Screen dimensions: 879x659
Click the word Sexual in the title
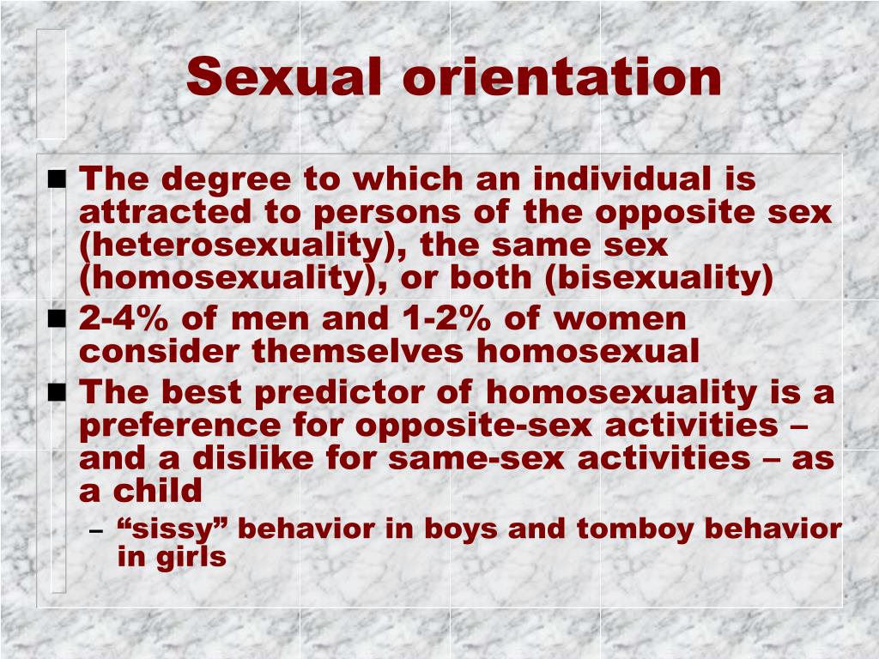pyautogui.click(x=283, y=76)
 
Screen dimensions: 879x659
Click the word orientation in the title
pyautogui.click(x=561, y=76)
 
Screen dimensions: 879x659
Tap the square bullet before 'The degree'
pyautogui.click(x=58, y=179)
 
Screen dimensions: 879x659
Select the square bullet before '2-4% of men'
pyautogui.click(x=58, y=319)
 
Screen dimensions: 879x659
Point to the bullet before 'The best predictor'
pyautogui.click(x=58, y=393)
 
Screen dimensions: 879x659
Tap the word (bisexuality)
pyautogui.click(x=659, y=279)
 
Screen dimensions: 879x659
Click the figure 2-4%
pyautogui.click(x=124, y=318)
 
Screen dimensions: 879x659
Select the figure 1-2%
pyautogui.click(x=446, y=318)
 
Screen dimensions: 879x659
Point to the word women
pyautogui.click(x=620, y=319)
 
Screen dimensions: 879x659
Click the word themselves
pyautogui.click(x=358, y=351)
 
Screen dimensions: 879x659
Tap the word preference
pyautogui.click(x=180, y=426)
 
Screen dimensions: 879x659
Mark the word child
pyautogui.click(x=158, y=491)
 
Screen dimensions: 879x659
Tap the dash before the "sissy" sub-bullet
pyautogui.click(x=96, y=530)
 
